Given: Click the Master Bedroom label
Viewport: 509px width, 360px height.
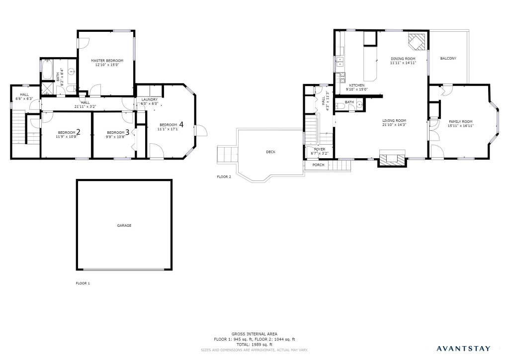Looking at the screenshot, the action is [107, 61].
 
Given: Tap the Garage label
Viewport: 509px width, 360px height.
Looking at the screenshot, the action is [124, 225].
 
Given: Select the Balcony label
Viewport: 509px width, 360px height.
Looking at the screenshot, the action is [448, 59].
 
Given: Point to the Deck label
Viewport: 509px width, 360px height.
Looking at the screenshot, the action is [271, 152].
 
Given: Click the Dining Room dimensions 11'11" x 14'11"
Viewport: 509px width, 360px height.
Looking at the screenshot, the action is [403, 63].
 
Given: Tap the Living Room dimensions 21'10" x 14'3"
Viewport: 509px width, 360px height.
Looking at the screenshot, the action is [394, 125].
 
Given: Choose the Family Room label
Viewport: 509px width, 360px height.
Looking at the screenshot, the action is [461, 122].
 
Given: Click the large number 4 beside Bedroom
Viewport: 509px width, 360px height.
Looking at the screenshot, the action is [181, 124].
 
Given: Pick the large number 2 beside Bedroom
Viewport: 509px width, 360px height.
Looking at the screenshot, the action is [78, 132].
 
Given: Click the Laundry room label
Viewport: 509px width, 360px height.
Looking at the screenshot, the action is [150, 99].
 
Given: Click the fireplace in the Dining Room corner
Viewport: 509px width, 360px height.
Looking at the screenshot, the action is [417, 42].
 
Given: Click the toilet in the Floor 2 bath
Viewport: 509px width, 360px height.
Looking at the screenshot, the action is [339, 105].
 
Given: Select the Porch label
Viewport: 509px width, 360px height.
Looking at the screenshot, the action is [319, 165].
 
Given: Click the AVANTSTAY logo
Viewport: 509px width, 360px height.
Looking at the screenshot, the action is [464, 349].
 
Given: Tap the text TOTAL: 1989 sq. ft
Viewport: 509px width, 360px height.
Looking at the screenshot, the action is [254, 345].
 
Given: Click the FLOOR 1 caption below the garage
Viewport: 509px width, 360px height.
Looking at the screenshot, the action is [83, 283].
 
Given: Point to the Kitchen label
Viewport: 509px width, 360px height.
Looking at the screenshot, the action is [357, 86].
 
